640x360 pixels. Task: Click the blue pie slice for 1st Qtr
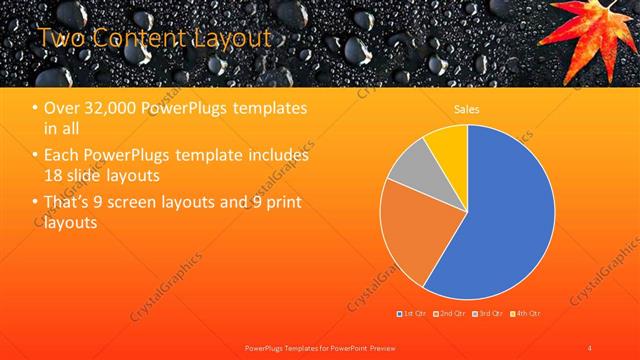(x=505, y=215)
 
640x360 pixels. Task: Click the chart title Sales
(x=466, y=108)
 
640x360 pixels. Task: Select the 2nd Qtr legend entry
(x=451, y=314)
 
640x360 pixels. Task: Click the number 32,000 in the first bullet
(x=107, y=109)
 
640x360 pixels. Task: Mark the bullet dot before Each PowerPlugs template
(x=37, y=157)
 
